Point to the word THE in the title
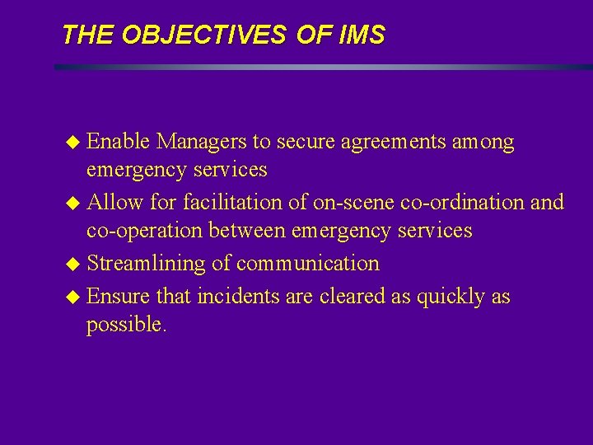[x=89, y=35]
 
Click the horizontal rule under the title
[x=321, y=67]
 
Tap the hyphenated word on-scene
[x=349, y=202]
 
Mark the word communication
[x=307, y=264]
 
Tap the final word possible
[x=126, y=325]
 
